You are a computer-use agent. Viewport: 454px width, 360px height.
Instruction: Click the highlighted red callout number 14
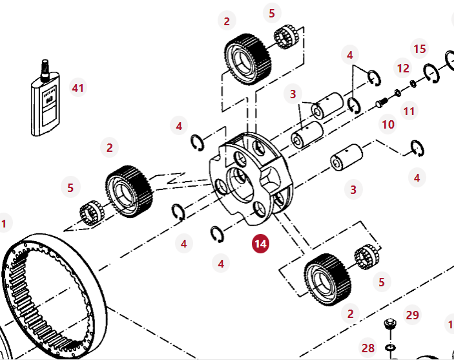[x=261, y=244]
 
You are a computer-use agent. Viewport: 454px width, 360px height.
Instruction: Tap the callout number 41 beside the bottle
[x=78, y=88]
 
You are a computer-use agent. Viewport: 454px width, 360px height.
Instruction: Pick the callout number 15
[x=420, y=48]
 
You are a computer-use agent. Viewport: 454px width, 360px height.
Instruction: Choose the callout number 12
[x=403, y=68]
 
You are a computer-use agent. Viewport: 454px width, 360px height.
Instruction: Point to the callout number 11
[x=409, y=111]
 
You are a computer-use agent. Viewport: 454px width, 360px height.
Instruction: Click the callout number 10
[x=387, y=124]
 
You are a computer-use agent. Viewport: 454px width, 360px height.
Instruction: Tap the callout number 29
[x=412, y=315]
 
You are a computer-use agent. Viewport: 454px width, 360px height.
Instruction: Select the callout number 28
[x=368, y=348]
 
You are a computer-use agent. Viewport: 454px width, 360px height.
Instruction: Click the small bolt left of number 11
[x=382, y=101]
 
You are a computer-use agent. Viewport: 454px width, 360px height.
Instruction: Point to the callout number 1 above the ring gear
[x=4, y=224]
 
